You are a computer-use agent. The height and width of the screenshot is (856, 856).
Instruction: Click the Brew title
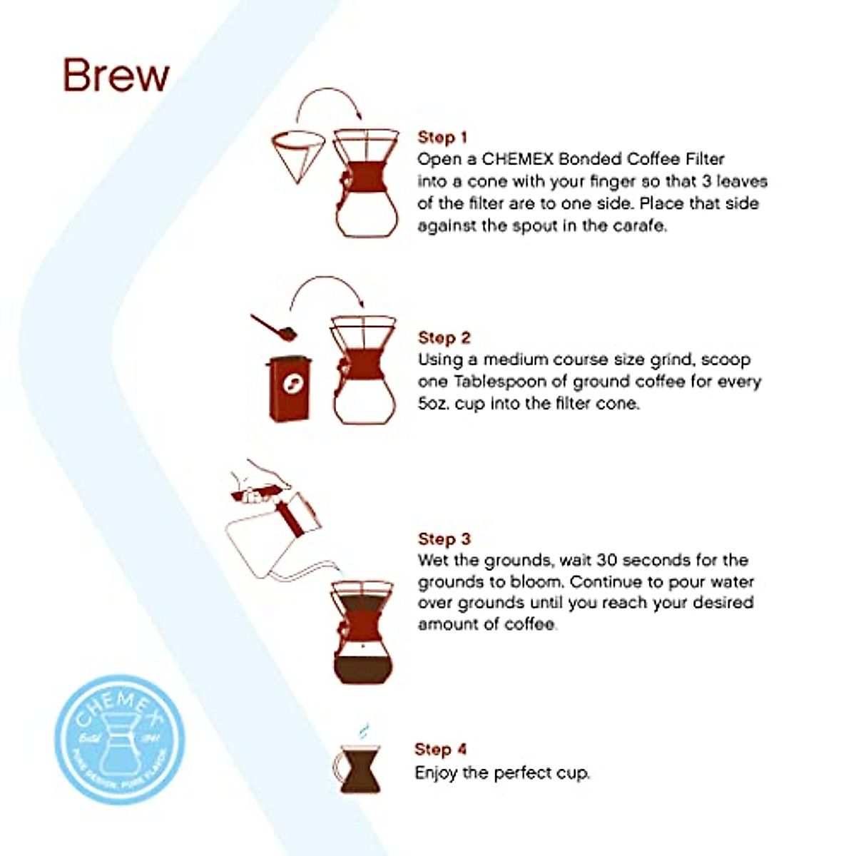point(116,75)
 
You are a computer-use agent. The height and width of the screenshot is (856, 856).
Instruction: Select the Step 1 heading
point(442,137)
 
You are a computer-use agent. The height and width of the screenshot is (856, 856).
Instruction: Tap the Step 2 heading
point(444,337)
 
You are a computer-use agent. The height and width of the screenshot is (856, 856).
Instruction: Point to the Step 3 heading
point(444,539)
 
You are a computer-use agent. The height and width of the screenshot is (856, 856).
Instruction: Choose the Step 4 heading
point(440,749)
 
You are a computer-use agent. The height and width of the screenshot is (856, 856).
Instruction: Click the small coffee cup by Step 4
point(359,770)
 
